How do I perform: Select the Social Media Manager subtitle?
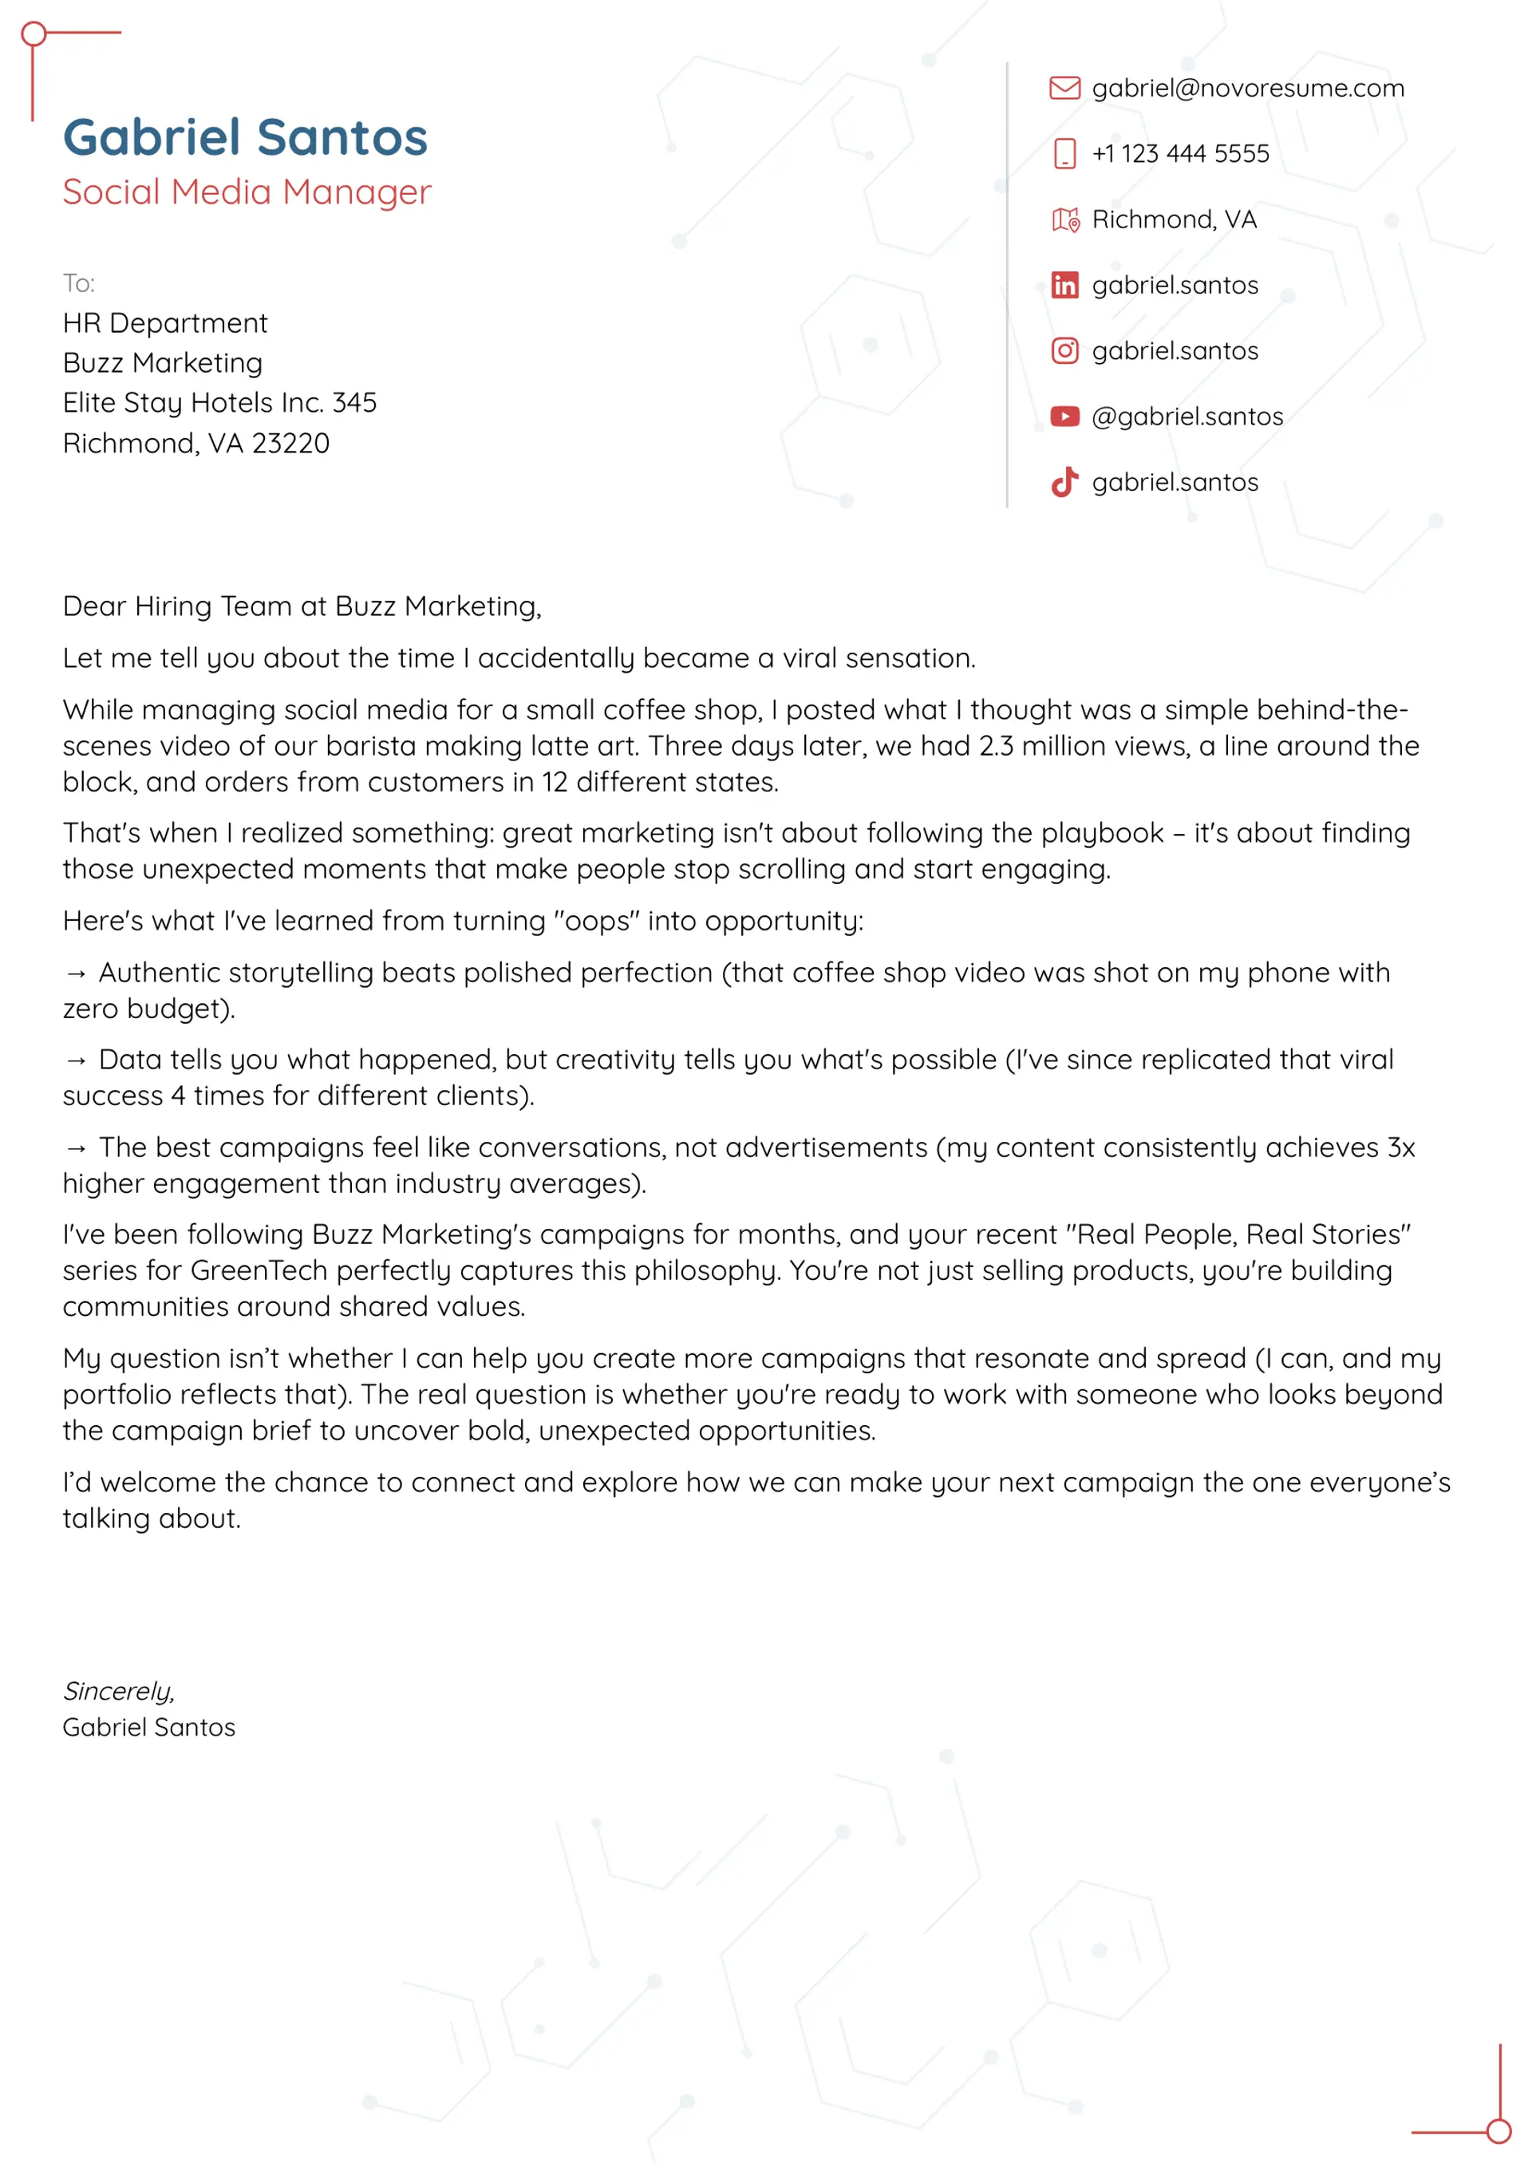(x=247, y=192)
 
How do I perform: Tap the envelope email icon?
(x=1064, y=88)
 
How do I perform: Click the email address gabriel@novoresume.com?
(x=1247, y=88)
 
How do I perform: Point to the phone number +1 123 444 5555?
(x=1180, y=154)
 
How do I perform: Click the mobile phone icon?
(x=1064, y=154)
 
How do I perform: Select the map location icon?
(x=1065, y=219)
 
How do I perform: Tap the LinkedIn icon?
(x=1064, y=285)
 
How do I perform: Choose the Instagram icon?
(x=1064, y=351)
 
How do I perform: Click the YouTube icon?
(x=1064, y=416)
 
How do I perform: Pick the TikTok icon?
(x=1064, y=482)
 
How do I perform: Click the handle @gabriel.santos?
(x=1187, y=416)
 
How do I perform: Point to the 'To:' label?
(x=78, y=283)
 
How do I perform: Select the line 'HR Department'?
(x=165, y=323)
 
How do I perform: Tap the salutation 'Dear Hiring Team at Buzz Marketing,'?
(x=302, y=606)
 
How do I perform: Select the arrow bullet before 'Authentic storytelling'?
(x=77, y=973)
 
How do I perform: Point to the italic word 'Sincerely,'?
(x=119, y=1691)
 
